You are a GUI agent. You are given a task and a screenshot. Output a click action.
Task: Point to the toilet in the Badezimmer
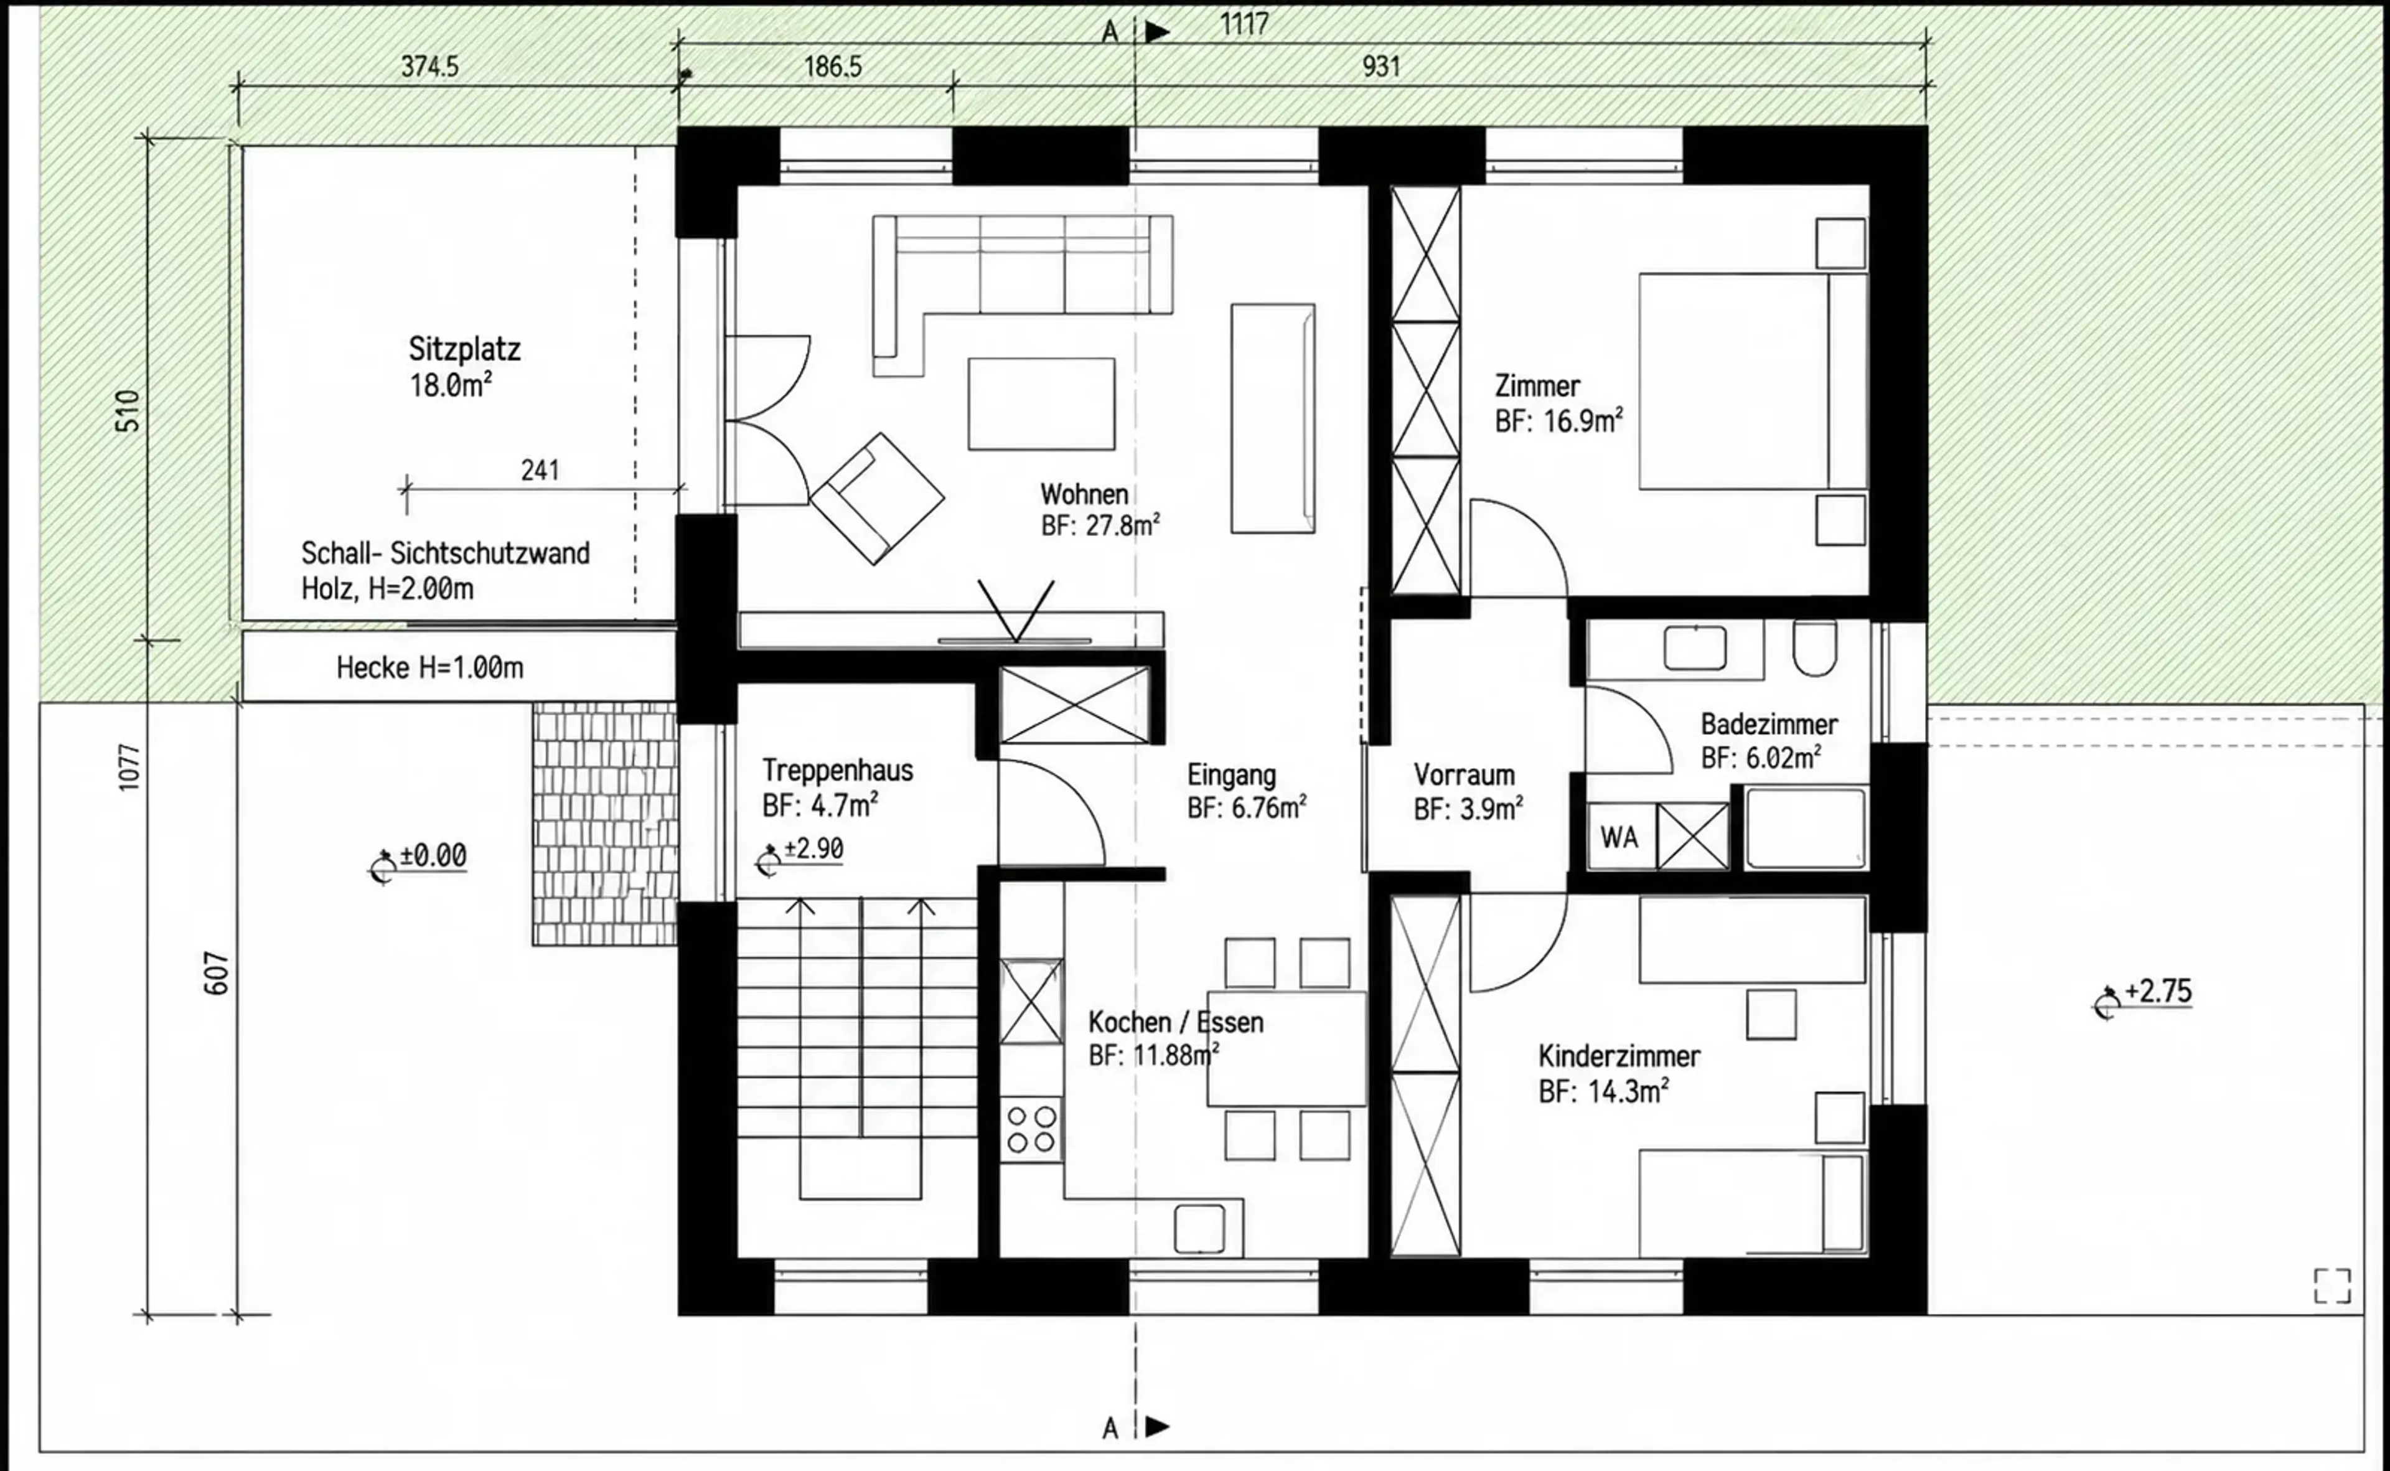click(1814, 647)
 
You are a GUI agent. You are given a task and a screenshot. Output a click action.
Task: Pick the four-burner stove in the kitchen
click(1032, 1129)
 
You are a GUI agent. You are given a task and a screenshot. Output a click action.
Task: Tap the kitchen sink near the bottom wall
click(1199, 1229)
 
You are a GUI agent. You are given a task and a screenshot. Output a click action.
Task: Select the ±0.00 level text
click(433, 856)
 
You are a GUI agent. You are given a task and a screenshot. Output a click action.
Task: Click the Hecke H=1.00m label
click(430, 667)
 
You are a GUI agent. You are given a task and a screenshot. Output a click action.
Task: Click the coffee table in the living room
click(1041, 404)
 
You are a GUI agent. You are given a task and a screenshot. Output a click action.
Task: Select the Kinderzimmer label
click(1619, 1056)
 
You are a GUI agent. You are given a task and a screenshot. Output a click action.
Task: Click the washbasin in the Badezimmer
click(1695, 648)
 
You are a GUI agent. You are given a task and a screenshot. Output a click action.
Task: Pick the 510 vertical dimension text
click(128, 411)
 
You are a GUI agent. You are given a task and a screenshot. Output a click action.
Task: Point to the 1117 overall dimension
click(1244, 24)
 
